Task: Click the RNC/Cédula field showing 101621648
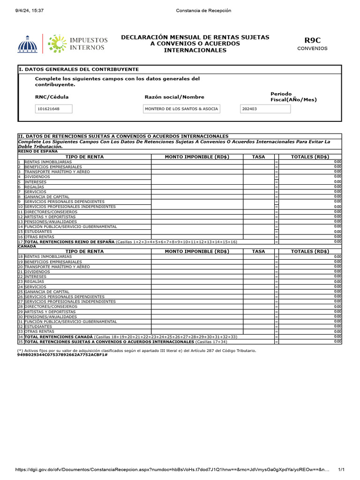54,109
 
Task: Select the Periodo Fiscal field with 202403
265,109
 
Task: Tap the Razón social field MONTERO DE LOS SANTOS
181,109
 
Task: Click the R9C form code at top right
312,41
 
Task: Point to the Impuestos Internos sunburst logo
57,43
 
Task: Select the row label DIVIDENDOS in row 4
37,177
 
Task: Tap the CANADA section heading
27,246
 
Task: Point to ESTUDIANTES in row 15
38,232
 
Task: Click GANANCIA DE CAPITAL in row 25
47,292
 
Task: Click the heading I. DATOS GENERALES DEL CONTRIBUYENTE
78,69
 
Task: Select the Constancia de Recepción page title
203,10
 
